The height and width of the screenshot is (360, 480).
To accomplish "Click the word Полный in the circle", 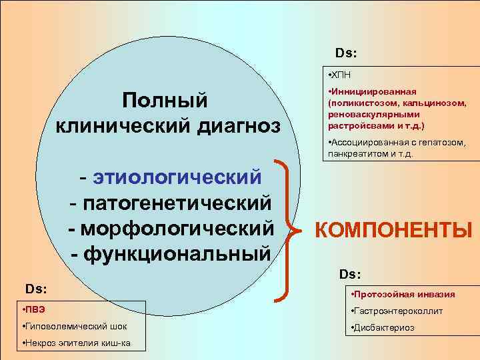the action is coord(165,100).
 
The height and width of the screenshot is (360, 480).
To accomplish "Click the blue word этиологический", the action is coord(177,178).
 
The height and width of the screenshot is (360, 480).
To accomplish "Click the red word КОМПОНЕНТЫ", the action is coord(393,230).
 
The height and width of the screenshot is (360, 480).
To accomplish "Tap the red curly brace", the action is coord(287,227).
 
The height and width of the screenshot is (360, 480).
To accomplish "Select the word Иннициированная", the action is coord(374,91).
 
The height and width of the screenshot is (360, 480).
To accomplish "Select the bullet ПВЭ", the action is coord(33,309).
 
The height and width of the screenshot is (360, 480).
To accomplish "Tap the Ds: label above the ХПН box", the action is coord(346,52).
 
